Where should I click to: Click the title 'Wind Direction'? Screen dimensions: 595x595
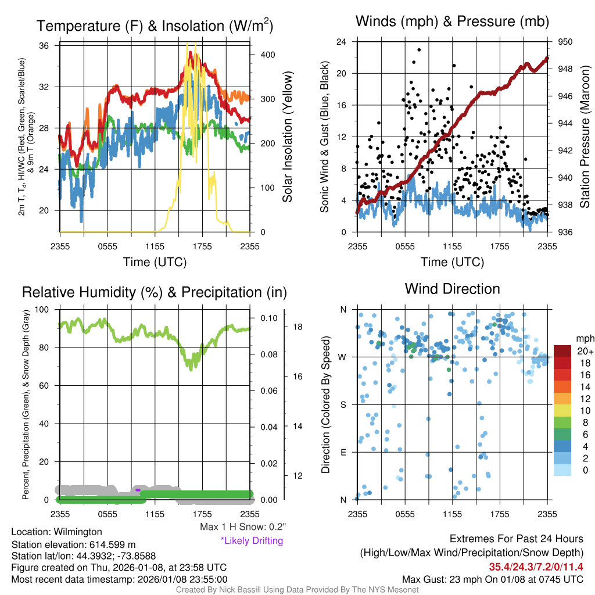tap(452, 289)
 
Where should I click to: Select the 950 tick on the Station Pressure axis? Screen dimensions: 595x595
tap(565, 42)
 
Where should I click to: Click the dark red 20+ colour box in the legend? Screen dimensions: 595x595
tap(563, 351)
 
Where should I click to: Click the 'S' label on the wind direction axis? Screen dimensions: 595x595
tap(343, 404)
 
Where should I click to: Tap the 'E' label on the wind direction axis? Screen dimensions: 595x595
tap(343, 452)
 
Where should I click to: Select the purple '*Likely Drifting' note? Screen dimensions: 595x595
tap(252, 540)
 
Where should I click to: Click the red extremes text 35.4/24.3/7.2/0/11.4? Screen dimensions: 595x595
tap(536, 567)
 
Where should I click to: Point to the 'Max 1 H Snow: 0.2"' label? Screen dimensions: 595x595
tap(243, 527)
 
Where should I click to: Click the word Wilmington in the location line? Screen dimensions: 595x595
tap(76, 532)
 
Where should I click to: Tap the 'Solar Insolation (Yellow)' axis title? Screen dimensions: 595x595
tap(288, 138)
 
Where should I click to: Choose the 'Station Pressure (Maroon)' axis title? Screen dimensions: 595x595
tap(585, 138)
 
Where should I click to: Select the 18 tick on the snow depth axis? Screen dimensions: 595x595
tap(297, 327)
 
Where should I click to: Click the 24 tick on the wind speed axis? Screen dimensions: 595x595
tap(342, 42)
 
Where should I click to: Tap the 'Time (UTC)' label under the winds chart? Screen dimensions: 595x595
tap(453, 262)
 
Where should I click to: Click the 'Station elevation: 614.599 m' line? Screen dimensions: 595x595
tap(73, 544)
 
